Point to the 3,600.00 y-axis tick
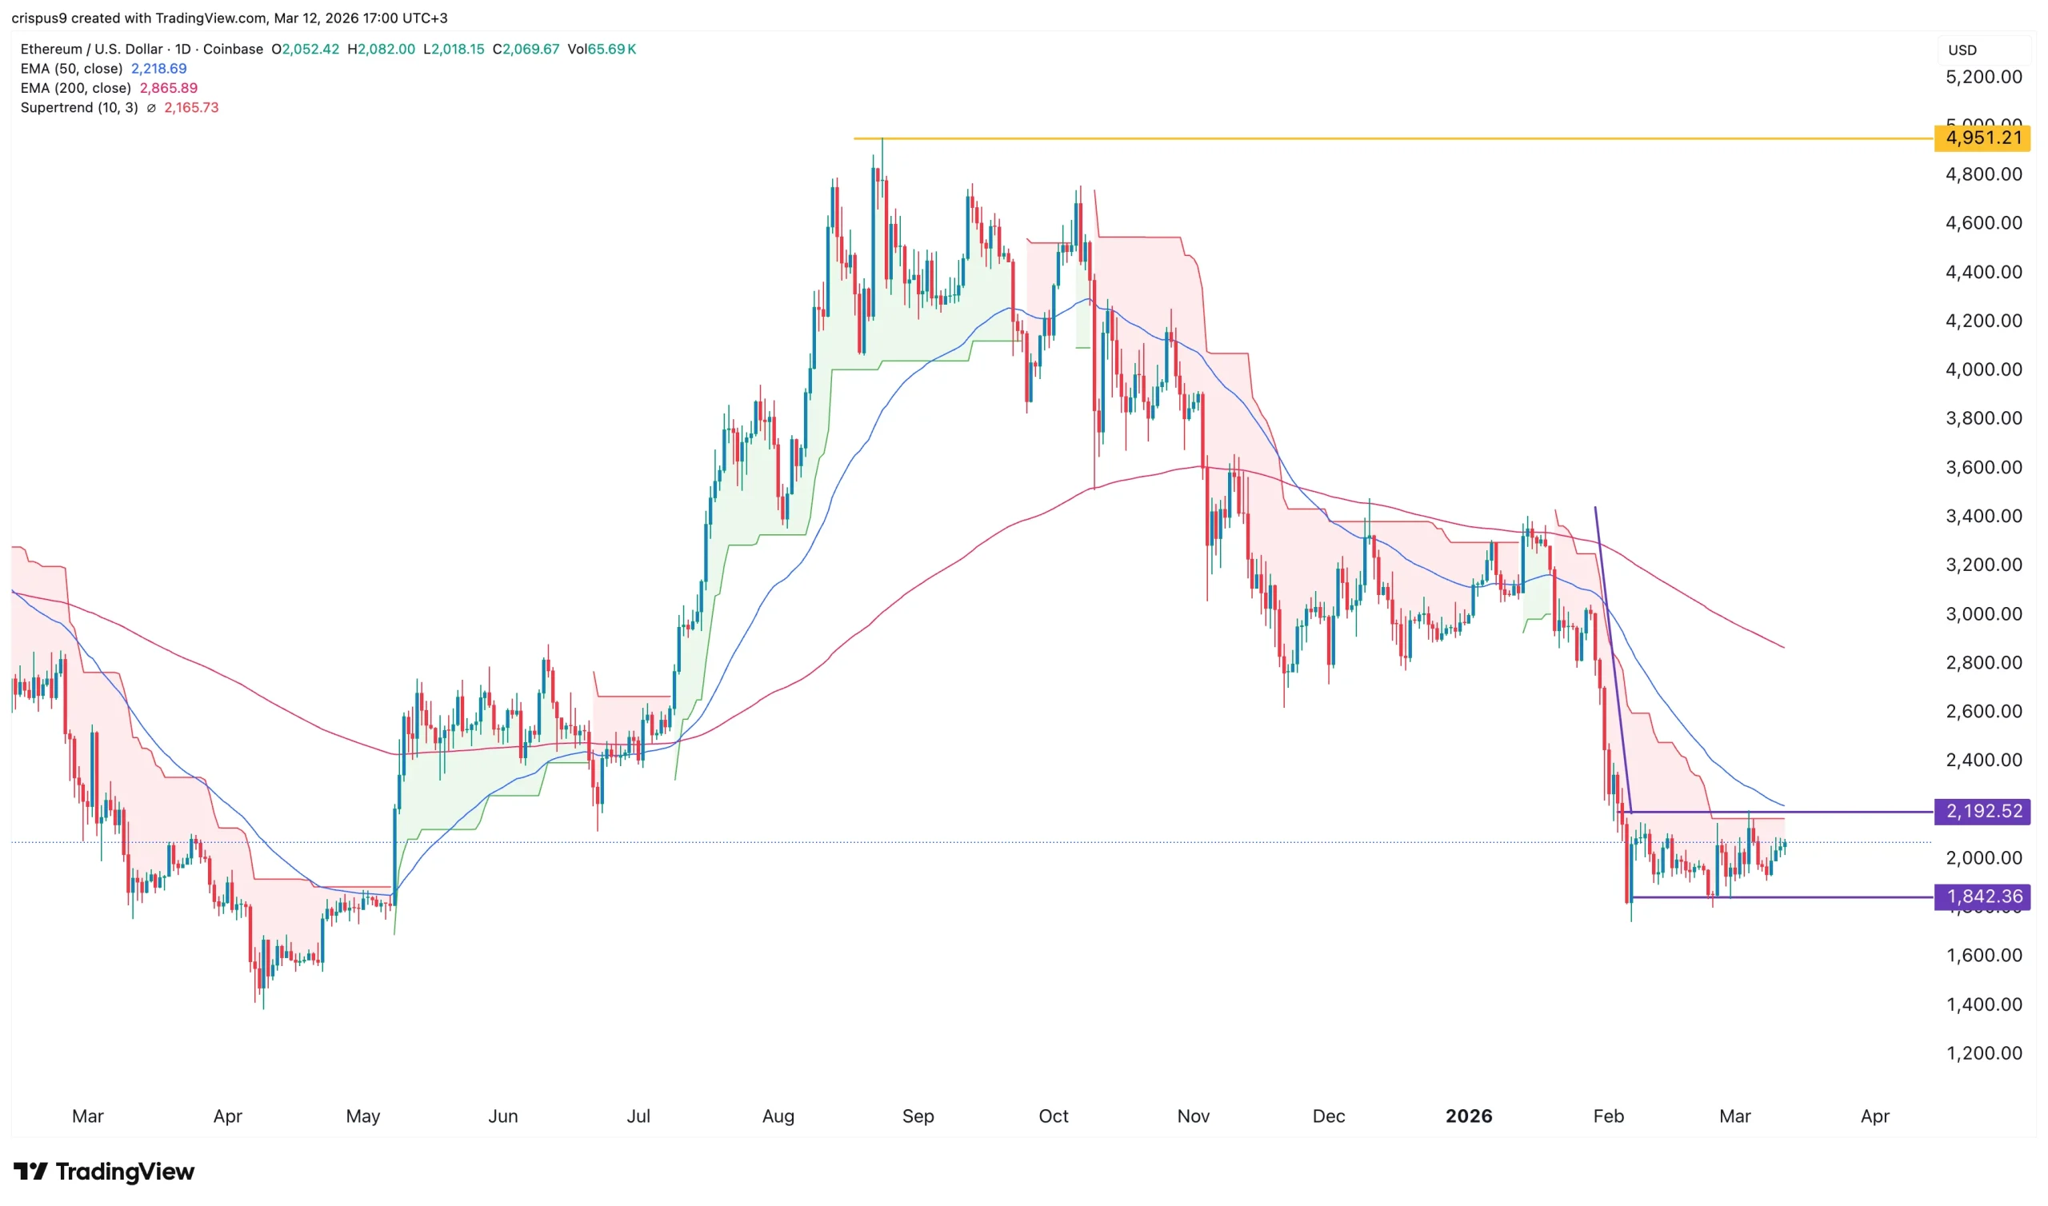(1983, 467)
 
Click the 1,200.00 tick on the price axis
(1983, 1053)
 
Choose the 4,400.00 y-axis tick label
(1983, 272)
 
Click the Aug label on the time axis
(778, 1116)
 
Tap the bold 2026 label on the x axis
(1469, 1116)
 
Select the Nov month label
(1193, 1116)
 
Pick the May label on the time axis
(362, 1116)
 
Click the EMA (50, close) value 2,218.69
(158, 69)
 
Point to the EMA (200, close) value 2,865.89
(168, 88)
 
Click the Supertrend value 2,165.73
(191, 107)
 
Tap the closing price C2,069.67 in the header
(526, 49)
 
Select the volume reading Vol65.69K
(602, 49)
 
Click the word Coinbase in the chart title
(233, 49)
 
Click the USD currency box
(1962, 50)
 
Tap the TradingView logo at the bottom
(104, 1171)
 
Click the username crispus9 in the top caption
(39, 18)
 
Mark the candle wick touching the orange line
(882, 146)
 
